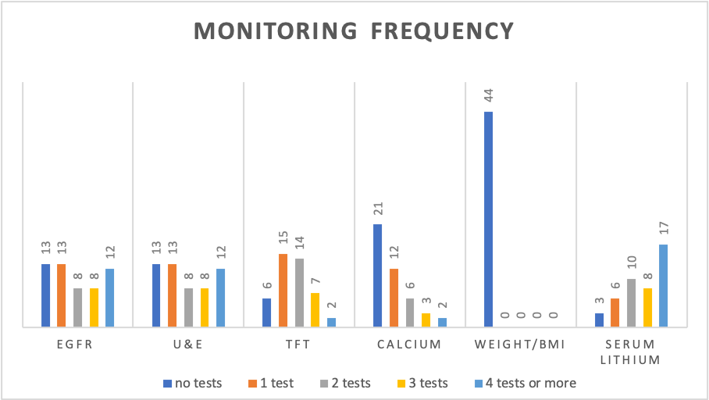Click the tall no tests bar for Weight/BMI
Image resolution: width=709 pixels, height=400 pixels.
(488, 219)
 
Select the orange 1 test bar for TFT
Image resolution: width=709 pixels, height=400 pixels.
(283, 290)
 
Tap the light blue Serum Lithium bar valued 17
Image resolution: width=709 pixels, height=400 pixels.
(664, 285)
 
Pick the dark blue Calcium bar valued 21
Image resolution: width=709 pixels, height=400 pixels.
(378, 275)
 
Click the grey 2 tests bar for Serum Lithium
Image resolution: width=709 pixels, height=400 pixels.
(631, 302)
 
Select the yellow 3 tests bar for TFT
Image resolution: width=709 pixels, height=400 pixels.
(315, 309)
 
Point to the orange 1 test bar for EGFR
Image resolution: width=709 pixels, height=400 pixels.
(62, 295)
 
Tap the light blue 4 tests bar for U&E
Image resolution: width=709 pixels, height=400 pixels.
(221, 298)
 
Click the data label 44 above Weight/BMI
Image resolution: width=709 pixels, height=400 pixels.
(488, 95)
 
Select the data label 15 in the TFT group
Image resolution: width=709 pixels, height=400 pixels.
(283, 237)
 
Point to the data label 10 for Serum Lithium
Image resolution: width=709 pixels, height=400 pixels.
(632, 262)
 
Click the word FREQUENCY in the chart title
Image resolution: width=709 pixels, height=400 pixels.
(442, 31)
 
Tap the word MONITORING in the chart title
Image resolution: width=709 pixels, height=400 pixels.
(276, 31)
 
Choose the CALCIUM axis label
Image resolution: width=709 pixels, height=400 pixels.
(409, 345)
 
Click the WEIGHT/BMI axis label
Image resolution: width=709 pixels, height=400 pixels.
(520, 345)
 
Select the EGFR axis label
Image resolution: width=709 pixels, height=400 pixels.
(75, 345)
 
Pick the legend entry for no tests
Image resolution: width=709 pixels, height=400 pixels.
(193, 384)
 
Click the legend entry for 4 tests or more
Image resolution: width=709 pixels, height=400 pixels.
(526, 384)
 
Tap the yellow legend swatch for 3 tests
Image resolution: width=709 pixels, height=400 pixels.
(401, 384)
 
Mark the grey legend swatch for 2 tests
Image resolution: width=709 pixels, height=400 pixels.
(324, 384)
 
